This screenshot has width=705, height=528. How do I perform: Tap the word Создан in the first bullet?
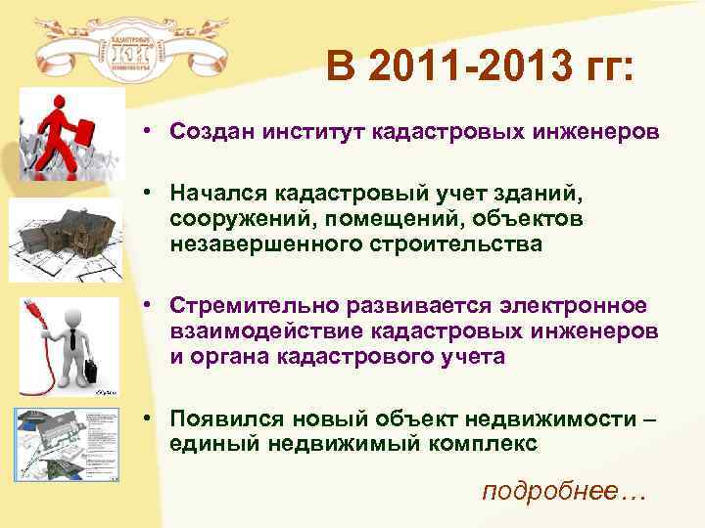coord(207,132)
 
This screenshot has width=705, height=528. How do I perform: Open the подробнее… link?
coord(564,490)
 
